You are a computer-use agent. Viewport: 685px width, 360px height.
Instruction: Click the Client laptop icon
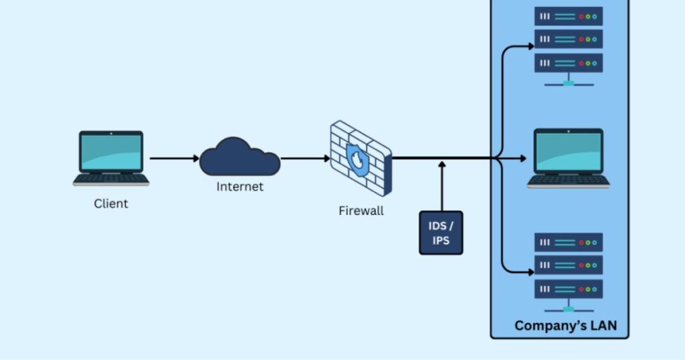click(x=110, y=158)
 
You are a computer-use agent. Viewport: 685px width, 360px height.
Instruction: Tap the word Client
click(x=110, y=203)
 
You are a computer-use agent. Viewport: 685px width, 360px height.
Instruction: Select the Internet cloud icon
click(x=239, y=157)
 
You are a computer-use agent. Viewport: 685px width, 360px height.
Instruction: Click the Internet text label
click(x=239, y=187)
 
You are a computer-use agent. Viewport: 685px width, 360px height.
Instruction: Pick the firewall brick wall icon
click(x=361, y=158)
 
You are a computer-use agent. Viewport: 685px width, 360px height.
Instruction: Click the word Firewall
click(x=361, y=211)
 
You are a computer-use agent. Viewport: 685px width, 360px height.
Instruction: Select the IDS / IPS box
click(x=441, y=232)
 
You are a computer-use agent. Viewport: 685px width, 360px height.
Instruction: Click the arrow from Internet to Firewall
click(x=305, y=159)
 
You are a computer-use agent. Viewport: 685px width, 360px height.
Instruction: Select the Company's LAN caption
click(x=566, y=326)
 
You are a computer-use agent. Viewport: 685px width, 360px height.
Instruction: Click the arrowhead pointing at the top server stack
click(x=530, y=46)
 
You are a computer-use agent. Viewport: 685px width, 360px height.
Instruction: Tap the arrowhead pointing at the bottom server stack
click(x=530, y=272)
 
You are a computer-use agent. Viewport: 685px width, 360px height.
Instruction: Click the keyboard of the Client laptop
click(x=111, y=179)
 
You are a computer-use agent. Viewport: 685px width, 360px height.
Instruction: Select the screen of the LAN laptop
click(x=568, y=151)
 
